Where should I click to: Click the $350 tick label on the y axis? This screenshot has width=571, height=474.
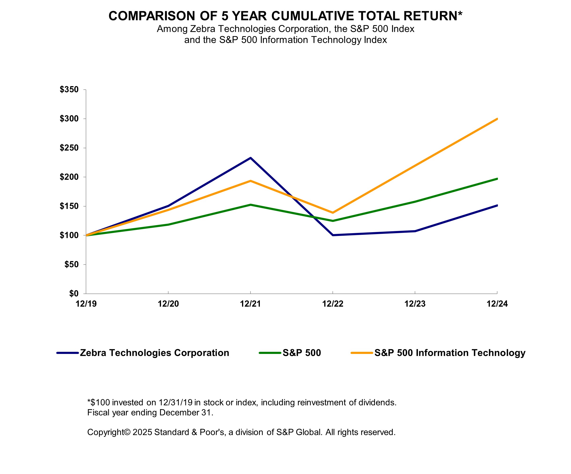pos(69,89)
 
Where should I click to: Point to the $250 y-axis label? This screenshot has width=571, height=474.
pos(69,148)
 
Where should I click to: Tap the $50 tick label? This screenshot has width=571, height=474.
pos(71,264)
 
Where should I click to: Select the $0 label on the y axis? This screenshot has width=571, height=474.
pos(73,293)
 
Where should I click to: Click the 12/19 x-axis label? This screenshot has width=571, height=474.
pos(86,304)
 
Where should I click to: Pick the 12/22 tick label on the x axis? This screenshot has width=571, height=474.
pos(332,304)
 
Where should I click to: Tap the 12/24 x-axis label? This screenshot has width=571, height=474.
pos(497,304)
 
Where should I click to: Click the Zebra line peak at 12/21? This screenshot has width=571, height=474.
pos(250,158)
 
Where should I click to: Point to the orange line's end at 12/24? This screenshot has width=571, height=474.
pos(497,119)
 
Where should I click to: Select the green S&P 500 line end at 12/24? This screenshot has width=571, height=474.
pos(497,179)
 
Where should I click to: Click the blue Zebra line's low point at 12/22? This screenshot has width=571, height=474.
pos(333,235)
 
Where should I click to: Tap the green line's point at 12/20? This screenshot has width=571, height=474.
pos(168,225)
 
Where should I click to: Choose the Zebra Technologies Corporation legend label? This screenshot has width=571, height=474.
pos(154,353)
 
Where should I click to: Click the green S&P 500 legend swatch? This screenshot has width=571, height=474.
pos(270,353)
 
